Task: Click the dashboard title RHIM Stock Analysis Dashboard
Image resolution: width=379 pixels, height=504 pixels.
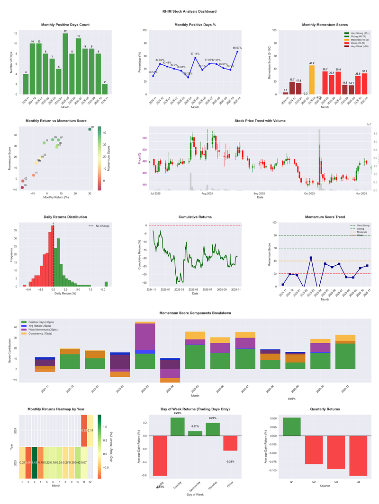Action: tap(189, 11)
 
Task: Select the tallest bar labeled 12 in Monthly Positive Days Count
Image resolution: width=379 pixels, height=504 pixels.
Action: tap(65, 64)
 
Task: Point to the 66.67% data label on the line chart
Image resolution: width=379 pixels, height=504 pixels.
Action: tap(237, 48)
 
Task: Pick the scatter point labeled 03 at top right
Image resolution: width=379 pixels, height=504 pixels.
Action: tap(90, 129)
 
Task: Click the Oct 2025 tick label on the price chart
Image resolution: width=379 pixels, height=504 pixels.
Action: tap(309, 193)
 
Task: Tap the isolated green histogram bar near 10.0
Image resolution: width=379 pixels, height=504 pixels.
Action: tap(106, 284)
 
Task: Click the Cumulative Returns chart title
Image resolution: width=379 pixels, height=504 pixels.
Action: tap(195, 217)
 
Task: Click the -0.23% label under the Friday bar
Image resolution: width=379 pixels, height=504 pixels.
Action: tap(230, 461)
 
